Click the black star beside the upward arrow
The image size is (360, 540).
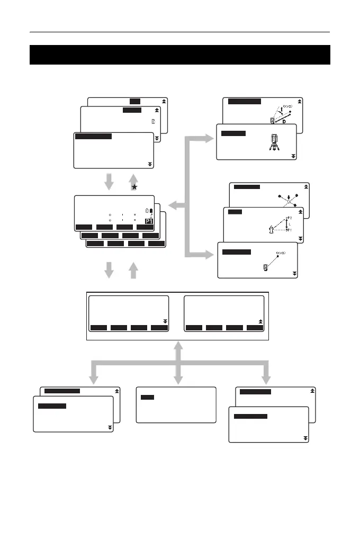tap(135, 187)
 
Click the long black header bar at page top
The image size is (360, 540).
tap(180, 55)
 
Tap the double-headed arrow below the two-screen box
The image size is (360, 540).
tap(179, 360)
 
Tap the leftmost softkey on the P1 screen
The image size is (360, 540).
tap(84, 227)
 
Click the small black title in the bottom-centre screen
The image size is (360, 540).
tap(148, 397)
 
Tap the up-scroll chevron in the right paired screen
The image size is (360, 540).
tap(259, 321)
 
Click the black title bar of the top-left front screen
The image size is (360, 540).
tap(93, 136)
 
